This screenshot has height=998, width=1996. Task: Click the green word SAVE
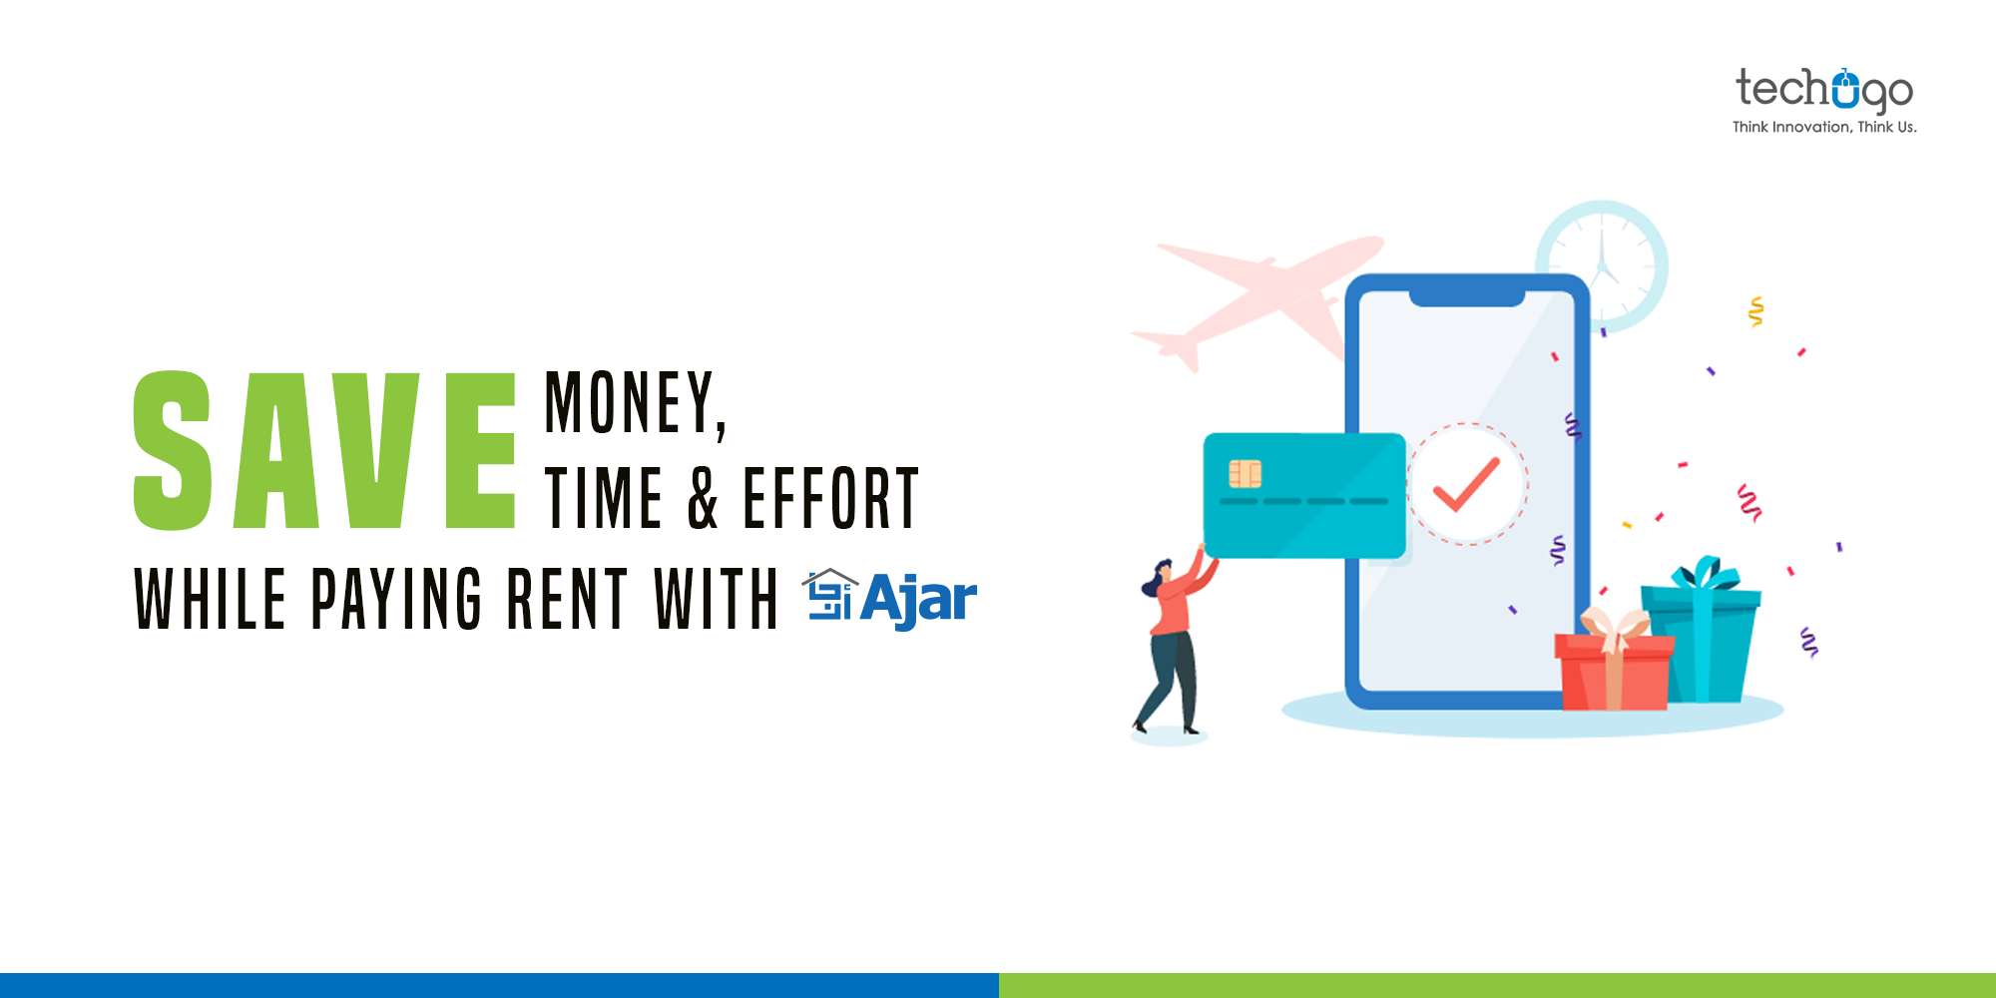[x=324, y=451]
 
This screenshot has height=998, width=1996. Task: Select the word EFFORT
[x=830, y=498]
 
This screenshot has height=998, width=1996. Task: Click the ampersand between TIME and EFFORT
[x=704, y=498]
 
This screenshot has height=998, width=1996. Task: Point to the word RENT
[x=567, y=599]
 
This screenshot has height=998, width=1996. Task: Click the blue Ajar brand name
[x=917, y=599]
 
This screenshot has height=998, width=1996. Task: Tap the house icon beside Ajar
[x=829, y=595]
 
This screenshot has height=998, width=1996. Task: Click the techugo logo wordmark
[x=1823, y=90]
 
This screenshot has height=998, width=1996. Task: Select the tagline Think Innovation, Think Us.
[x=1823, y=127]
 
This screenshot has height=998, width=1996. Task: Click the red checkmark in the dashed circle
[x=1466, y=484]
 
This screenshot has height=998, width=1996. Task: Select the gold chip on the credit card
[x=1245, y=473]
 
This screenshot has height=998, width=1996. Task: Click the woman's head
[x=1162, y=575]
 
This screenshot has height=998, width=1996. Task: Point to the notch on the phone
[x=1466, y=297]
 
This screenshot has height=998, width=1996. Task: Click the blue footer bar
[x=499, y=985]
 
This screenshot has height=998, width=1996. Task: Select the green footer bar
[x=1497, y=985]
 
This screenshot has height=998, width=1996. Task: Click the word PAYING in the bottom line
[x=396, y=599]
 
